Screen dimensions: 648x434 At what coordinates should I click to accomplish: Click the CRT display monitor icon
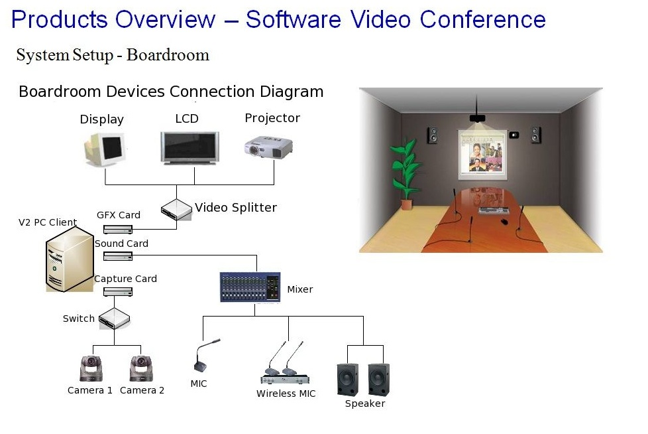(x=105, y=149)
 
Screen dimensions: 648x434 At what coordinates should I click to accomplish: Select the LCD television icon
(x=189, y=148)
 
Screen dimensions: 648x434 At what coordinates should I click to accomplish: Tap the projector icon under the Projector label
(x=268, y=147)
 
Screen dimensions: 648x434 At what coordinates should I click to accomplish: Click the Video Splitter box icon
(x=176, y=209)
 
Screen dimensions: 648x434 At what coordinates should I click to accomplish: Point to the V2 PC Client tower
(x=70, y=260)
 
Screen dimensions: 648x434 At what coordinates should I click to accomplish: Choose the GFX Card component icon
(x=118, y=229)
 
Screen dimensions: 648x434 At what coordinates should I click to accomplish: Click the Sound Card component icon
(x=118, y=256)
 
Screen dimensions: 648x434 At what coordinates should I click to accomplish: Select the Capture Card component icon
(x=118, y=292)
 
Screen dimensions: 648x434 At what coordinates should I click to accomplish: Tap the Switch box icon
(x=115, y=319)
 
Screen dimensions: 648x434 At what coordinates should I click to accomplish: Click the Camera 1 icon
(x=91, y=368)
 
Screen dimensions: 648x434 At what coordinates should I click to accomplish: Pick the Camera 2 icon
(x=141, y=368)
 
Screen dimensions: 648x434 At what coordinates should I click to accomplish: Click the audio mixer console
(x=250, y=287)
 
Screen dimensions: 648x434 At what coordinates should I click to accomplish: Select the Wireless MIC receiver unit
(x=285, y=378)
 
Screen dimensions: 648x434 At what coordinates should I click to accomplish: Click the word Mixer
(x=300, y=289)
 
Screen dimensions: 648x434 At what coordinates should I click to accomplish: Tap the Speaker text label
(x=365, y=403)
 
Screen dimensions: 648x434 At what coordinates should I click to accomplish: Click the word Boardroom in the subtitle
(x=168, y=55)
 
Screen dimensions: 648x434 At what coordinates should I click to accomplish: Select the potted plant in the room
(x=405, y=175)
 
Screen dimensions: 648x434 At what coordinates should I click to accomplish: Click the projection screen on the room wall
(x=482, y=155)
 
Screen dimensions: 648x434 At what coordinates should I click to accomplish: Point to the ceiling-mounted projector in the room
(x=477, y=119)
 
